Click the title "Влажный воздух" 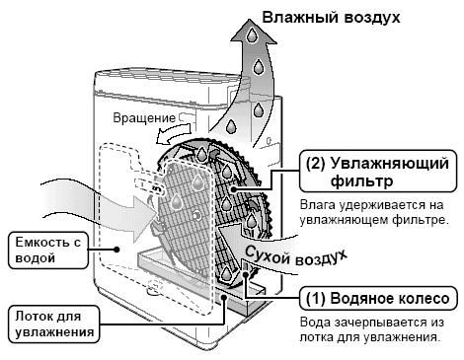pyautogui.click(x=331, y=18)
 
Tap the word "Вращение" pyautogui.click(x=144, y=118)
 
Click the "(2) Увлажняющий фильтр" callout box pyautogui.click(x=378, y=172)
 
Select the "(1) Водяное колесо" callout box pyautogui.click(x=378, y=298)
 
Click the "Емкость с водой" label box pyautogui.click(x=48, y=251)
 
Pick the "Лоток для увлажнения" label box pyautogui.click(x=54, y=324)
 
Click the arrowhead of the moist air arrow pyautogui.click(x=253, y=31)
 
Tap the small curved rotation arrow pyautogui.click(x=173, y=134)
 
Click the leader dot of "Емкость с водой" pyautogui.click(x=116, y=250)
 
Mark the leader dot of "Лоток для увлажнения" pyautogui.click(x=224, y=298)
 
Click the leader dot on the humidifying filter pyautogui.click(x=233, y=189)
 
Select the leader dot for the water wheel pyautogui.click(x=245, y=274)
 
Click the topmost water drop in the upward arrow pyautogui.click(x=252, y=35)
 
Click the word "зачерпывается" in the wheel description pyautogui.click(x=377, y=323)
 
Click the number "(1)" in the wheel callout pyautogui.click(x=316, y=298)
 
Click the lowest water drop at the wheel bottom pyautogui.click(x=226, y=273)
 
